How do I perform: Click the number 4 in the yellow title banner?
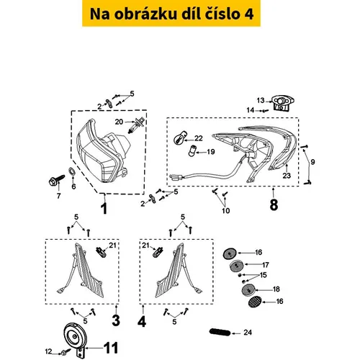point(248,14)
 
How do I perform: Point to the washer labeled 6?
point(72,171)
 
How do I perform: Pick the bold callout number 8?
point(274,205)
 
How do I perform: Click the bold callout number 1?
point(104,208)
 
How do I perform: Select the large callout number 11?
point(111,348)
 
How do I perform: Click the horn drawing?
point(75,338)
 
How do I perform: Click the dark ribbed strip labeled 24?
point(220,333)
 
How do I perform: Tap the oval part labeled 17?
point(236,266)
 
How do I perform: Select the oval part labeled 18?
point(248,289)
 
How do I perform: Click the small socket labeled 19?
point(192,151)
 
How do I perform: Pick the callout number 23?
point(287,176)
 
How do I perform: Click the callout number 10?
point(226,210)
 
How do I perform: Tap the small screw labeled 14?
point(265,111)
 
